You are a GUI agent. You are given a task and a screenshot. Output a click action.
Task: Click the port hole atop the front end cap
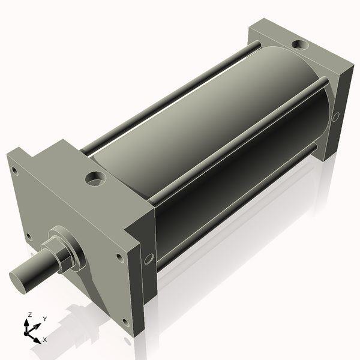[x=95, y=178]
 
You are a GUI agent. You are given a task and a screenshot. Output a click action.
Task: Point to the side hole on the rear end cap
[x=335, y=116]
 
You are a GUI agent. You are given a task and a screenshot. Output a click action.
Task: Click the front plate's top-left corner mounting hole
[x=15, y=172]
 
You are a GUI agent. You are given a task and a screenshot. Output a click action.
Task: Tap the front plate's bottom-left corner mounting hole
[x=28, y=236]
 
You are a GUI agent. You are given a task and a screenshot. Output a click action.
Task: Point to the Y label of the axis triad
[x=44, y=319]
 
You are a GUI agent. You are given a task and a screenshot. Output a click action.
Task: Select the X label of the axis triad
[x=44, y=340]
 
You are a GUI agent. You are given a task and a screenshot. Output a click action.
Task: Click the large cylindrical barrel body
[x=210, y=138]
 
